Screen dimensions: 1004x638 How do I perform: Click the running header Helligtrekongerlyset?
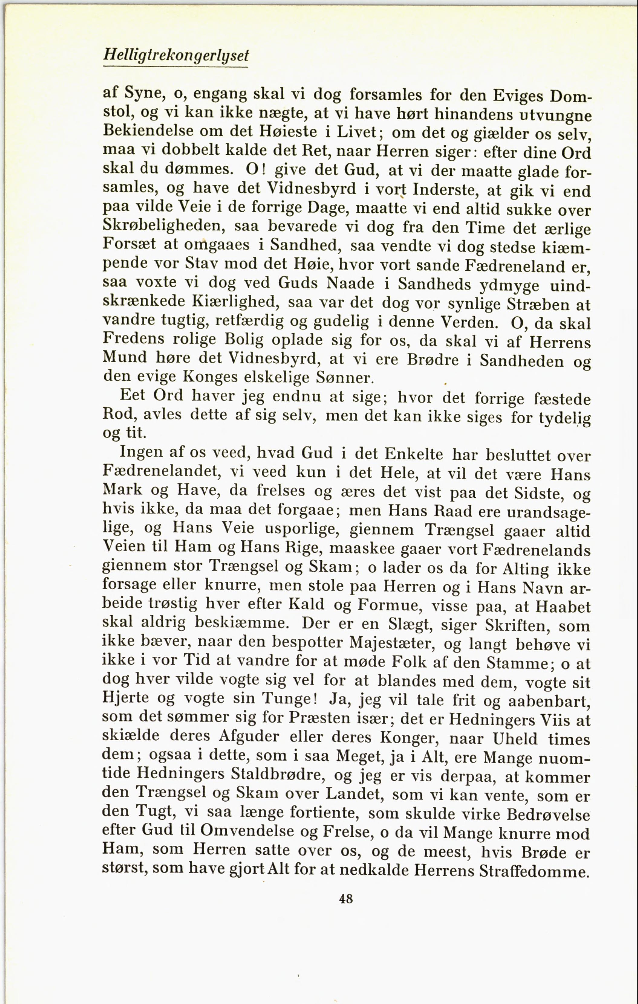(176, 56)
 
